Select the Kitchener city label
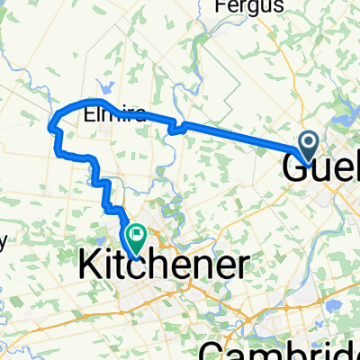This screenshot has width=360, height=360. tap(165, 264)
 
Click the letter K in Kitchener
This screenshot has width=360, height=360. tap(91, 264)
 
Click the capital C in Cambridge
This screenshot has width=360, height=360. tap(211, 348)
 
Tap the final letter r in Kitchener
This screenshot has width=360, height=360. tap(243, 265)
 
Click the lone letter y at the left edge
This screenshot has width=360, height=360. tap(4, 240)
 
